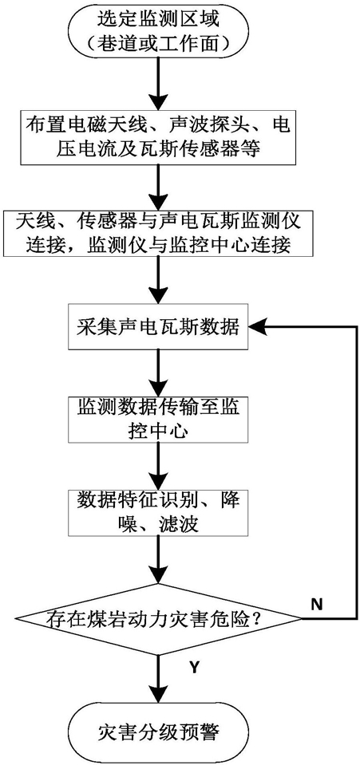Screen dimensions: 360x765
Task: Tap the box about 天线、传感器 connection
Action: pos(157,233)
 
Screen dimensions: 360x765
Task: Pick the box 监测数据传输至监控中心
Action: pos(157,419)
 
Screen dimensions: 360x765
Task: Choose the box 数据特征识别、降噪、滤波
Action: pos(157,510)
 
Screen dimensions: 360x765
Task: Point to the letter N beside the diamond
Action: pos(317,605)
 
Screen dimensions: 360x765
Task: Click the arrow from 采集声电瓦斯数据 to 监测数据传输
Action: pos(157,373)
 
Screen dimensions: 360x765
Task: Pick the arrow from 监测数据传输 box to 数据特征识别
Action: pos(157,464)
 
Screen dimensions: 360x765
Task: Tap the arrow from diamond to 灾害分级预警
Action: pos(157,680)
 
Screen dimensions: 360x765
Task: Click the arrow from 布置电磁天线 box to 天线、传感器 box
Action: pos(157,187)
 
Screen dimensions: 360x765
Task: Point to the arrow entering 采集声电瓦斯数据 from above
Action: pos(157,281)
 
